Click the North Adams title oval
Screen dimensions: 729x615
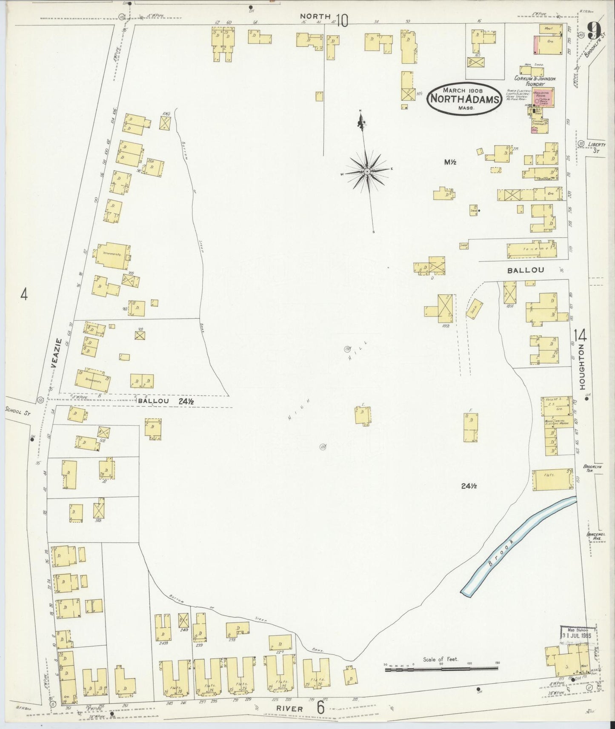pyautogui.click(x=463, y=98)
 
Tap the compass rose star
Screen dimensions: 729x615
pyautogui.click(x=366, y=171)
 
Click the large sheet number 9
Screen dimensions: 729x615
pyautogui.click(x=594, y=31)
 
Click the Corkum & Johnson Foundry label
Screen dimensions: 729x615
pyautogui.click(x=535, y=81)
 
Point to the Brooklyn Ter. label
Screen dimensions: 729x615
pyautogui.click(x=593, y=469)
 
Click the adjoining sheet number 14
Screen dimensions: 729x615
pyautogui.click(x=581, y=336)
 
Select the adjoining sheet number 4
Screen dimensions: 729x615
pyautogui.click(x=24, y=294)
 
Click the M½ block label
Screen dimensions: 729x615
pyautogui.click(x=449, y=162)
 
